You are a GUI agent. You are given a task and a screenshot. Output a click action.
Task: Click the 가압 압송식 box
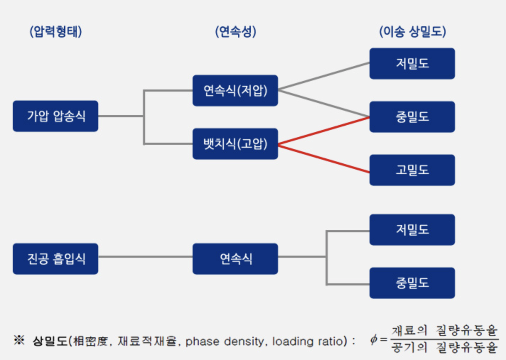point(55,116)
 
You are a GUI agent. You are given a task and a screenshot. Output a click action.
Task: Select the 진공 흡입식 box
point(55,259)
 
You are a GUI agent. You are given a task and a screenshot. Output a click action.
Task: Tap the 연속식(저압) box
point(235,91)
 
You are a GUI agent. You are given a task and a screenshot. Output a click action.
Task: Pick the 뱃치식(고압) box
point(235,144)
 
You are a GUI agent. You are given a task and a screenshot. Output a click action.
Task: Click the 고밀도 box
point(412,170)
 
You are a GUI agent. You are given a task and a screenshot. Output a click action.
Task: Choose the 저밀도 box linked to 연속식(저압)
point(412,64)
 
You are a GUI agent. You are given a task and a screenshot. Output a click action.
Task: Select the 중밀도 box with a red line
point(412,117)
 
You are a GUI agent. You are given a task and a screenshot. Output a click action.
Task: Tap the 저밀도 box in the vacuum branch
point(412,230)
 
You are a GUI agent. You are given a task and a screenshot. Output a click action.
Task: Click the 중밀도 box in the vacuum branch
point(412,283)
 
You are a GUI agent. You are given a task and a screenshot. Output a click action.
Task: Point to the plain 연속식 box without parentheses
point(235,259)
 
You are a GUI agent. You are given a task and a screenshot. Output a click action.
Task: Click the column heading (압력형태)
point(56,31)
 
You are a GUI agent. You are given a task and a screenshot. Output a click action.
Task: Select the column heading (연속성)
point(236,31)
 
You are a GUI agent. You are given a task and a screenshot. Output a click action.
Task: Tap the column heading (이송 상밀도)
point(413,31)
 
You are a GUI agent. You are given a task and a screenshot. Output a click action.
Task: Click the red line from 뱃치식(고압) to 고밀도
point(324,159)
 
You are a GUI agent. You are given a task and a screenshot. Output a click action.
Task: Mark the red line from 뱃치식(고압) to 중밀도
point(324,130)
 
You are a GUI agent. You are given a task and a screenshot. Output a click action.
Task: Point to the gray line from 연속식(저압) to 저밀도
point(324,76)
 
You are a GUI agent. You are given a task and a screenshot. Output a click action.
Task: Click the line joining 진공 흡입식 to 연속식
point(145,257)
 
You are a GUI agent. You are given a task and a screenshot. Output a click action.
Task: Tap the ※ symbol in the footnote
point(19,340)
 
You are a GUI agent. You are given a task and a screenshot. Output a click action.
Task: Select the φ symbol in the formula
point(374,339)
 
